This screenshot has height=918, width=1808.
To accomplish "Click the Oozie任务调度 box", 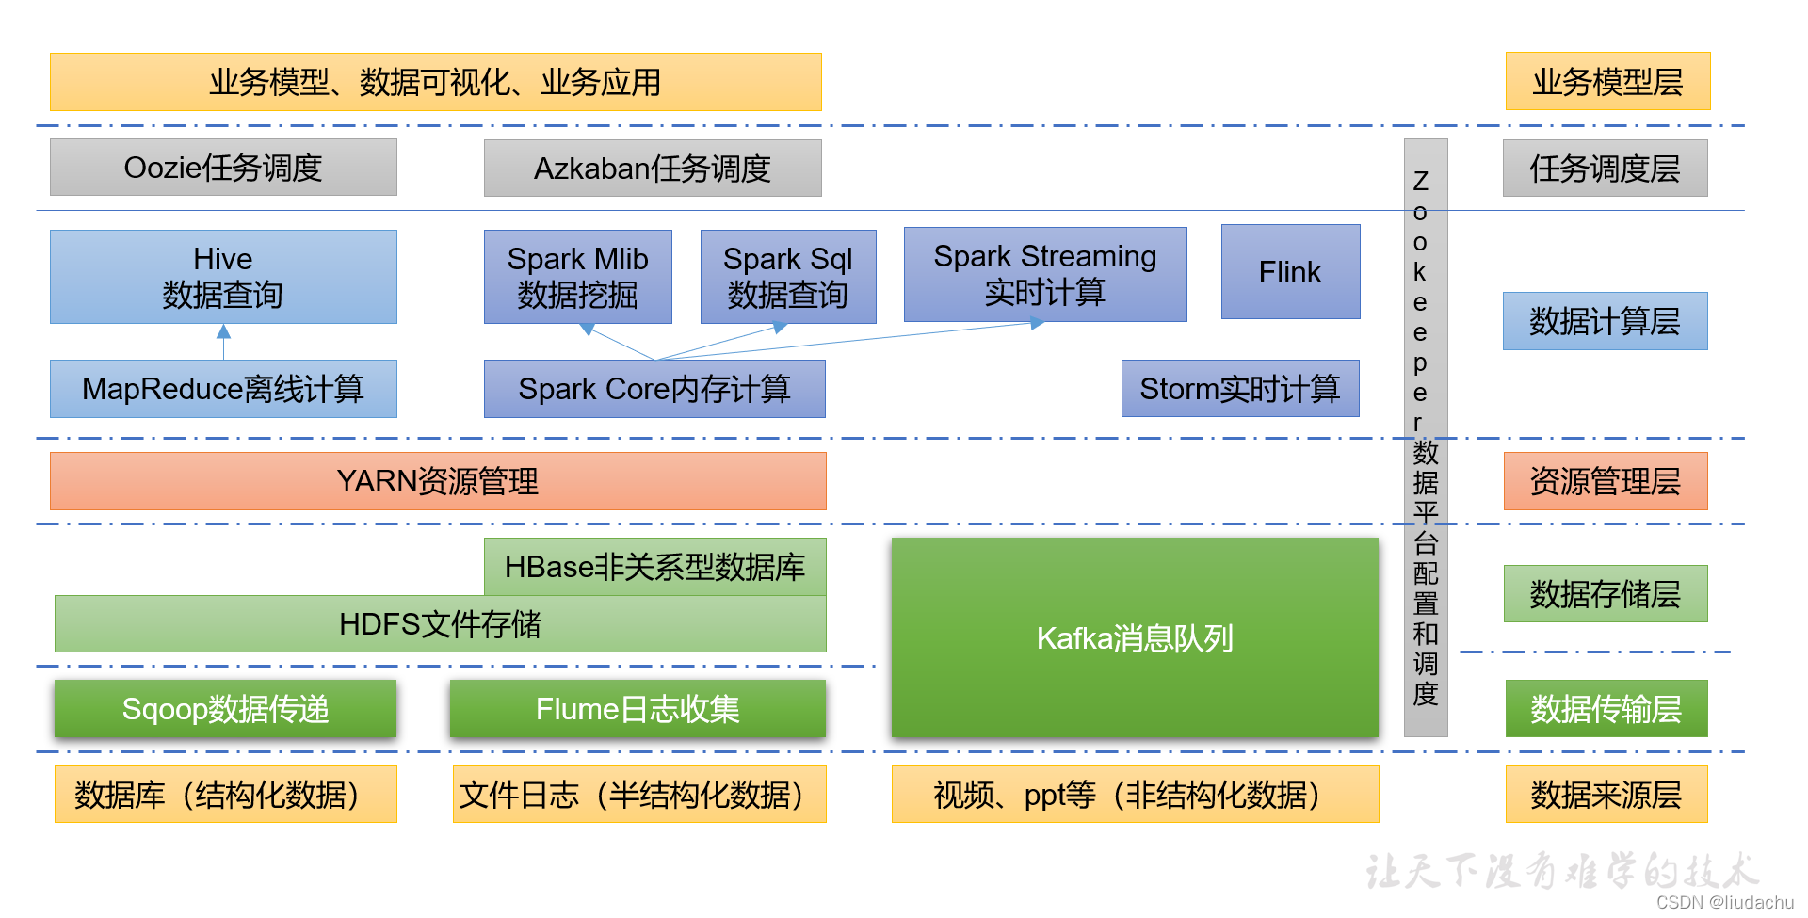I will [x=223, y=168].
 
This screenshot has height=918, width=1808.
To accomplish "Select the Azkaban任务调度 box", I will [x=653, y=169].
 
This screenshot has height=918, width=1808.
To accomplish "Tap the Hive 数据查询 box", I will [x=223, y=277].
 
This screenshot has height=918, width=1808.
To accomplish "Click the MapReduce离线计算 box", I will [x=223, y=389].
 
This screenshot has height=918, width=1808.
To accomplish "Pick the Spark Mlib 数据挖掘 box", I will [x=577, y=277].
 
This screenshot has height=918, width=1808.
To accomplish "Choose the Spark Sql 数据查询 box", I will [x=788, y=277].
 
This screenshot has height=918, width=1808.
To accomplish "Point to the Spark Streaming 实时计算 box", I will [x=1045, y=274].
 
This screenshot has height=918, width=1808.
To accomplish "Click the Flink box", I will [x=1290, y=272].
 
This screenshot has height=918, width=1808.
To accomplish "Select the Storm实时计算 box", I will [x=1239, y=389].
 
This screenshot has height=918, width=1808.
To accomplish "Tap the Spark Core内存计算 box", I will [x=654, y=389].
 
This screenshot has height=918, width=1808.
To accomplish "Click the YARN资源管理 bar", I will [x=438, y=481].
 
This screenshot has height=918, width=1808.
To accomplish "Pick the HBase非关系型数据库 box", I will [x=654, y=567].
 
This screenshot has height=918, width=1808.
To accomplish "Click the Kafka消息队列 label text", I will [x=1135, y=638].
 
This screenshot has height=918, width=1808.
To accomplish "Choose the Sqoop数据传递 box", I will [x=225, y=709].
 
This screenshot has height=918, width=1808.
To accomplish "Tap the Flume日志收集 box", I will [x=638, y=709].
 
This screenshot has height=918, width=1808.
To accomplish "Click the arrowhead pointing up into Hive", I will [x=223, y=331].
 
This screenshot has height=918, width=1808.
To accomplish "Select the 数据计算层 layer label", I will [x=1605, y=321].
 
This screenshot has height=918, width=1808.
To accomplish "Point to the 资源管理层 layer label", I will [x=1605, y=481].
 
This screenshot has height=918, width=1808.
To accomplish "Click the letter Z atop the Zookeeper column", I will [x=1421, y=181].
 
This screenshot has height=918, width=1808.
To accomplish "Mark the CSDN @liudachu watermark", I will [x=1724, y=902].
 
